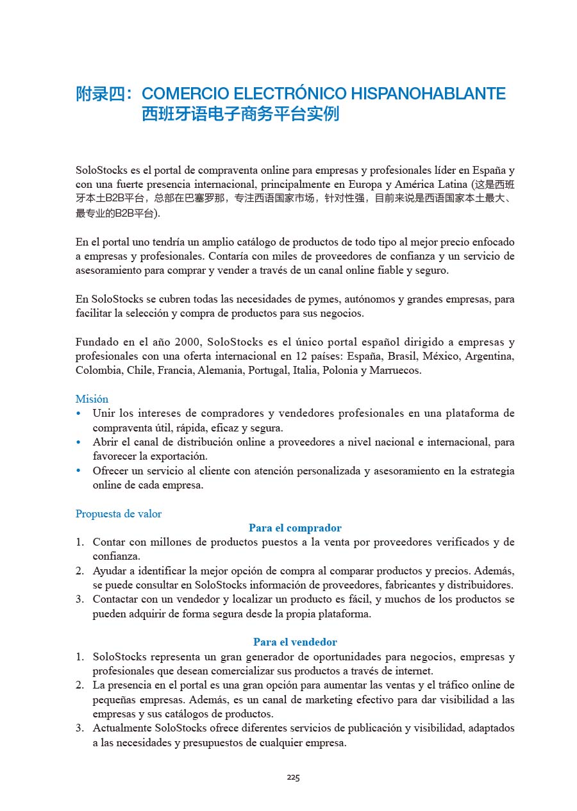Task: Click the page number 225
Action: [x=293, y=778]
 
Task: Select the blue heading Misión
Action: [x=92, y=399]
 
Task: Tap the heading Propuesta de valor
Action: [x=119, y=514]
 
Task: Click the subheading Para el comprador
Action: [x=295, y=528]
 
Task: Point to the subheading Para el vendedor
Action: [x=295, y=642]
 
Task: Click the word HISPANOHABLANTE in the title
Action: [x=428, y=94]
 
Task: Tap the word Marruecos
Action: [x=395, y=371]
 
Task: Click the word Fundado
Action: [x=96, y=342]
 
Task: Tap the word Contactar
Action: [x=116, y=599]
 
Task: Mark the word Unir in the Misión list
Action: [x=103, y=414]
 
